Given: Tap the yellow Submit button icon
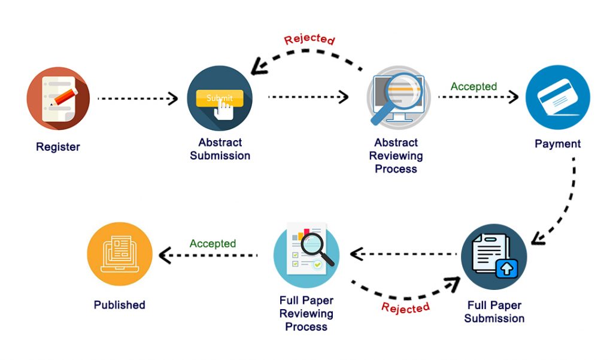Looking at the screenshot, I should coord(220,98).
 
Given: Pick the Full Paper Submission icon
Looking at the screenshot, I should coord(494,256).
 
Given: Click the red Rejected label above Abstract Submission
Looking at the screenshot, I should coord(309,40).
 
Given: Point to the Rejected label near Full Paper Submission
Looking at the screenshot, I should coord(405,307).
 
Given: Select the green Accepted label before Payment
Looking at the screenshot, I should coord(474,86).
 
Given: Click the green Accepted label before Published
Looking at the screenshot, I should coord(213,244).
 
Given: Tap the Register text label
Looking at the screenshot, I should coord(58,147).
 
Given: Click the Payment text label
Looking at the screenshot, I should coord(557,144).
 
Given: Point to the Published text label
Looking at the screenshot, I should coord(120,305).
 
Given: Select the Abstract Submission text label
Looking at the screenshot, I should coord(220,149).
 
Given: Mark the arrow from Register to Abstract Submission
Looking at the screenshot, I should coord(137,98).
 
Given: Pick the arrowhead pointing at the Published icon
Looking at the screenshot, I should coord(163,255).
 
